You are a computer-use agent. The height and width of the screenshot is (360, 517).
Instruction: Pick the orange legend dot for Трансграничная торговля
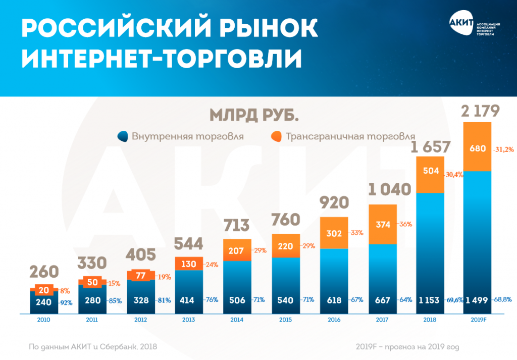(x=276, y=136)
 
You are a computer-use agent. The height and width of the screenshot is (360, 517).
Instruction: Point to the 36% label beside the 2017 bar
(x=406, y=224)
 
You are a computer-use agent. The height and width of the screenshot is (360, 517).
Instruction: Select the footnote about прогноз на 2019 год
(x=407, y=347)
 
